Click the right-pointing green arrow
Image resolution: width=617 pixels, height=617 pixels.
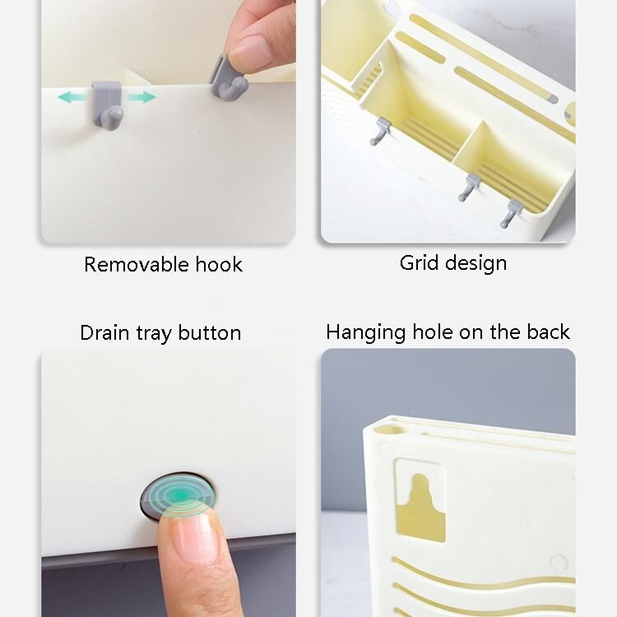click(141, 97)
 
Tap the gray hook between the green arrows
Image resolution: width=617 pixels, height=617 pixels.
click(108, 104)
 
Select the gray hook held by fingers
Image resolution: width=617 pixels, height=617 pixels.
click(228, 77)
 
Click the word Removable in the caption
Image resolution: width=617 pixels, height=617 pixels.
click(137, 264)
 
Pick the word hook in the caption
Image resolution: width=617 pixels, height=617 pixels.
click(219, 264)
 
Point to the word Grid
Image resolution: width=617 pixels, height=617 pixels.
click(419, 263)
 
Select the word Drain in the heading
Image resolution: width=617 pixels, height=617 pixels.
click(104, 333)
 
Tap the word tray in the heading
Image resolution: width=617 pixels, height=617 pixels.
click(154, 334)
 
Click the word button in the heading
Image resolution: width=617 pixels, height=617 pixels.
click(210, 333)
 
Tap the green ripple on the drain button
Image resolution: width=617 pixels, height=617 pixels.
click(179, 497)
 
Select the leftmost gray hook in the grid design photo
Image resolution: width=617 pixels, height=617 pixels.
click(380, 132)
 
